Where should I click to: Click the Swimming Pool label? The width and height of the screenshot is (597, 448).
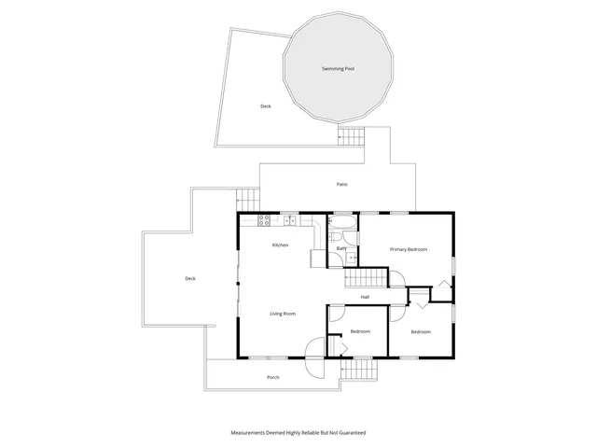click(338, 69)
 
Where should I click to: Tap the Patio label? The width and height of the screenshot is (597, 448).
click(342, 185)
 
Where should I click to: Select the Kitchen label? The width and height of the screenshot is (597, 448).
click(280, 245)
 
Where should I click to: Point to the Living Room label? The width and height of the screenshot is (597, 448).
click(283, 314)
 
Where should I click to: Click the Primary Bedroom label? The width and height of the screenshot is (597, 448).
click(409, 249)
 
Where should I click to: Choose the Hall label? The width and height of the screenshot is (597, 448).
click(366, 298)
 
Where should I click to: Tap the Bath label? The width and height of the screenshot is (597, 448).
click(341, 249)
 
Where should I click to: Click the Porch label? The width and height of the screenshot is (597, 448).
click(273, 377)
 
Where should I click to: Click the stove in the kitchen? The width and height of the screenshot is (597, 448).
click(263, 221)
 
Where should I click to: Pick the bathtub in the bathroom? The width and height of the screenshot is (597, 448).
click(342, 225)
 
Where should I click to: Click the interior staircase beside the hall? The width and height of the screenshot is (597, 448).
click(365, 278)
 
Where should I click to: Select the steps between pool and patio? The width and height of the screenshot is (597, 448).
click(351, 137)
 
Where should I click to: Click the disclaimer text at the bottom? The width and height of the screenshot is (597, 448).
click(298, 433)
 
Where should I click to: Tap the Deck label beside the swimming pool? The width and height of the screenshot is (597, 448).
click(266, 106)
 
